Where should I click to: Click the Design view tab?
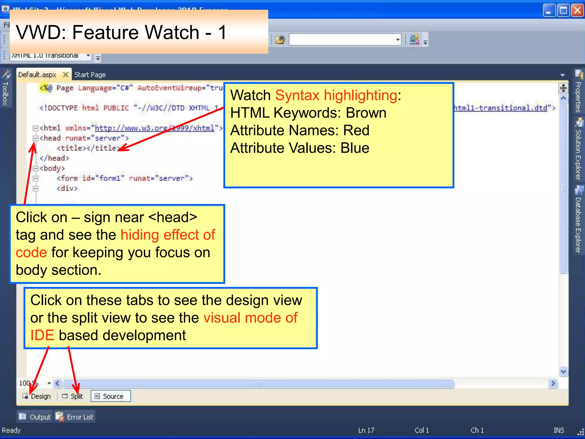(37, 396)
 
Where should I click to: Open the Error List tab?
(76, 417)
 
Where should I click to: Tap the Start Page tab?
(90, 75)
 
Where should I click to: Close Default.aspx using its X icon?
(65, 75)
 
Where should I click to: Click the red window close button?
(577, 11)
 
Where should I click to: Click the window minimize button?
(549, 11)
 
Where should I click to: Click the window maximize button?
(563, 11)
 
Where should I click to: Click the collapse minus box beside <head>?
(35, 138)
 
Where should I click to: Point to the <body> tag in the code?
(52, 168)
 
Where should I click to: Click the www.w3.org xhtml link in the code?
(154, 128)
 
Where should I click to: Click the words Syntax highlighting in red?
(336, 95)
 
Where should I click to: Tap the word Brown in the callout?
(366, 113)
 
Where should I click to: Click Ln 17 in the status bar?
(366, 430)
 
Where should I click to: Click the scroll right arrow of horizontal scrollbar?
(553, 383)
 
